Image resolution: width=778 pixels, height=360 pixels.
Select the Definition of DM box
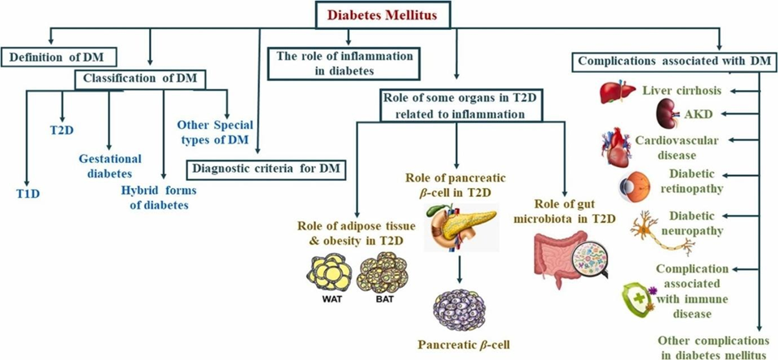point(59,57)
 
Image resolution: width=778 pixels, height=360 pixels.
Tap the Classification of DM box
point(140,79)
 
